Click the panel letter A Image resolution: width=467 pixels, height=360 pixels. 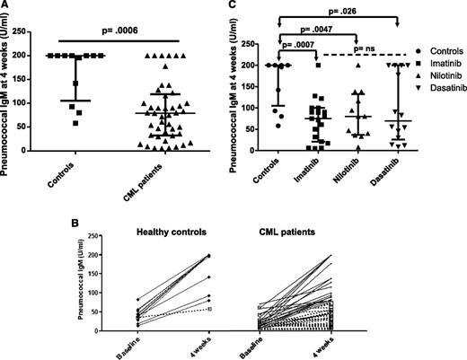(x=6, y=6)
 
